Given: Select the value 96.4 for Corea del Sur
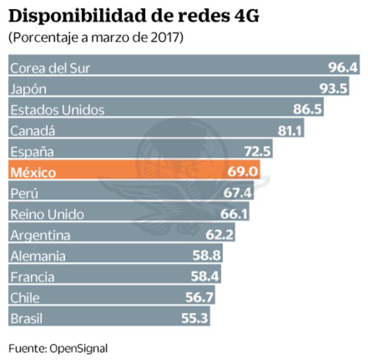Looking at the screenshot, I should point(342,67).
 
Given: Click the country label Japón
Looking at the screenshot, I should point(28,89).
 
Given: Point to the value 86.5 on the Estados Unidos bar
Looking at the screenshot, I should point(308,110).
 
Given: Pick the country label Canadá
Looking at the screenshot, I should point(33,131).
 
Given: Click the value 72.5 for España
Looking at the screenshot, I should point(257,152).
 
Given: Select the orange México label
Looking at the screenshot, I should point(33,172).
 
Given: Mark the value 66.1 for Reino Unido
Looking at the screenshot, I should point(234,214).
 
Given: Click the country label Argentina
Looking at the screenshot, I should point(40,235).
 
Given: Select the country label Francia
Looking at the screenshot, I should point(33,277).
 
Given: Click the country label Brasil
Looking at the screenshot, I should point(27,319).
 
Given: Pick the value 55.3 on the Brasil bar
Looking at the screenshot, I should point(193,319).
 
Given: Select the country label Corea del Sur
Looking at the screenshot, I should point(50,68).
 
